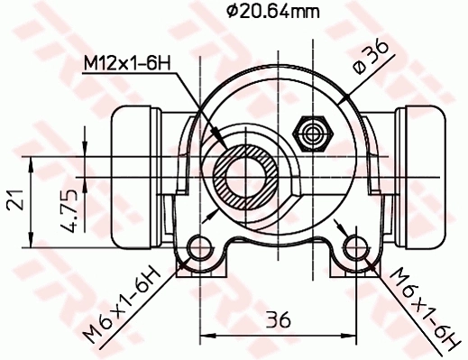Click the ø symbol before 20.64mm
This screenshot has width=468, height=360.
coord(232,12)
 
